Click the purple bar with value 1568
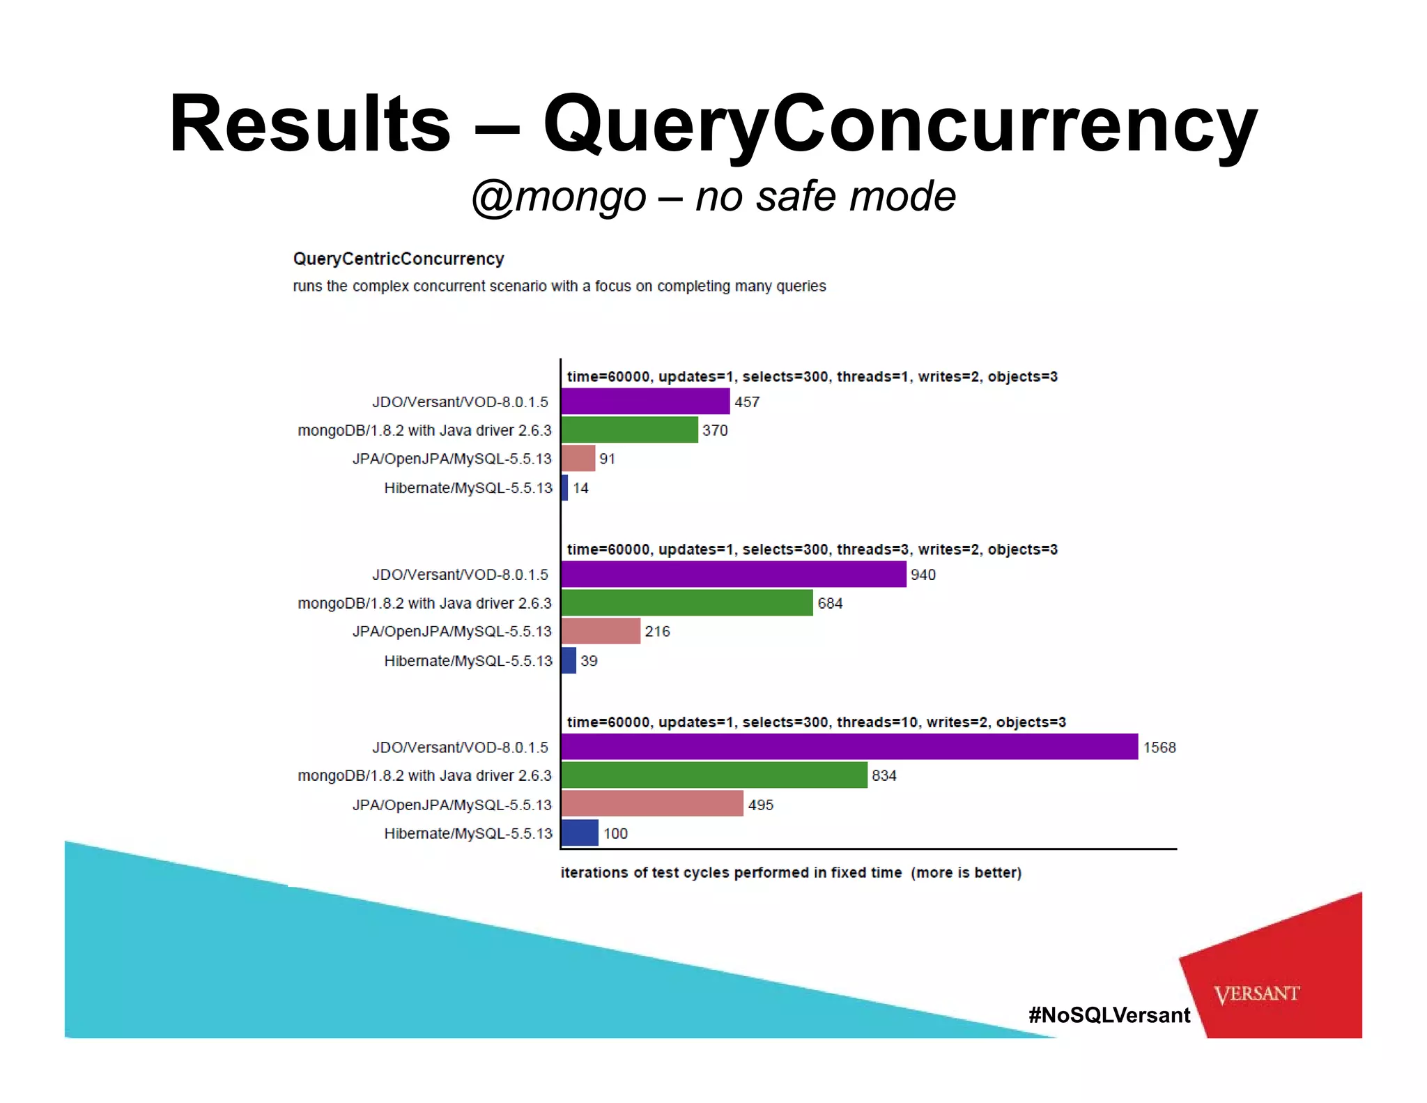(x=849, y=747)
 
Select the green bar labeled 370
(x=629, y=429)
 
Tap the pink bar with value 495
(x=651, y=803)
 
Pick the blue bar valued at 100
(x=580, y=832)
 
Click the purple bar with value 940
(x=733, y=574)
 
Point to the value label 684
(x=830, y=603)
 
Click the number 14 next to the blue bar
(x=580, y=488)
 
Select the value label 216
(x=657, y=631)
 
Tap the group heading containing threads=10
(x=816, y=722)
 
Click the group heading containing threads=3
(x=812, y=549)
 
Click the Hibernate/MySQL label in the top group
(x=468, y=488)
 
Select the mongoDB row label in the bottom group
(x=424, y=775)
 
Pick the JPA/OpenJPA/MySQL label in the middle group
(x=452, y=631)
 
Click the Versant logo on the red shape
(x=1256, y=994)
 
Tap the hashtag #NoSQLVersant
(x=1109, y=1014)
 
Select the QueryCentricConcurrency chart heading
(x=398, y=259)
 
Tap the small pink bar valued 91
(x=578, y=458)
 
